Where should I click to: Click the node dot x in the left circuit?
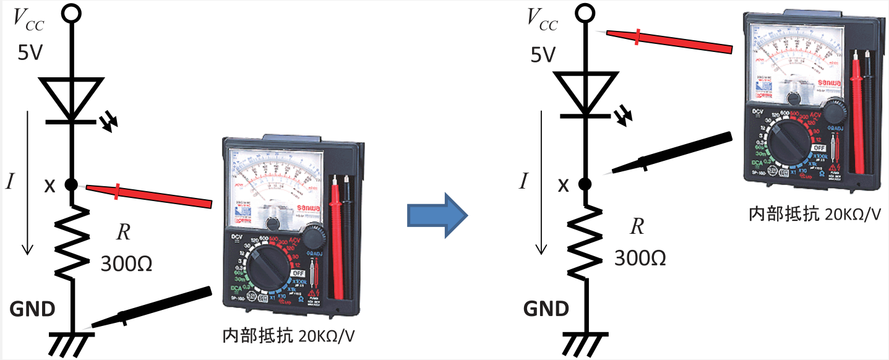71,184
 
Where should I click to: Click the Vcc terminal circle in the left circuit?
71,12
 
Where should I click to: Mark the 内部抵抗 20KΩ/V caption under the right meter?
814,214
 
